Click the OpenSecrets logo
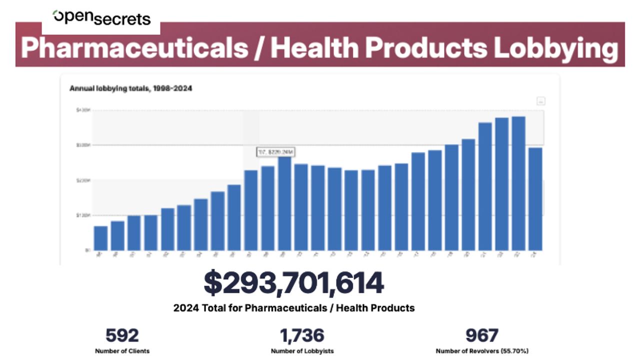102,18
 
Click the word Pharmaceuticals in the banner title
134,48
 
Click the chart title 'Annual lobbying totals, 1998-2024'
131,88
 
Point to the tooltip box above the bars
273,152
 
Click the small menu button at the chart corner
540,101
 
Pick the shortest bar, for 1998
100,238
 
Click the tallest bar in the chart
518,183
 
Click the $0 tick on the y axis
86,250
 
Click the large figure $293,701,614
293,283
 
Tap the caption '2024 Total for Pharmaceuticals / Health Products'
294,308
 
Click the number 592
122,335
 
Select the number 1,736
301,335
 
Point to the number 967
481,335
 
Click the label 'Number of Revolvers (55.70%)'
481,351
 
